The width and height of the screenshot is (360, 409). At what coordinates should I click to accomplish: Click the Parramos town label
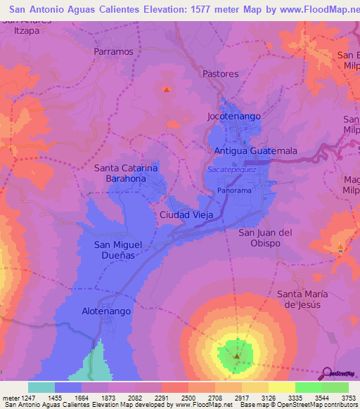coord(113,51)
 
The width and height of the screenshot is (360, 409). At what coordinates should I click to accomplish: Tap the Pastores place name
coord(221,74)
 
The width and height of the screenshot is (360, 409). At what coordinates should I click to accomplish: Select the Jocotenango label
coord(233,115)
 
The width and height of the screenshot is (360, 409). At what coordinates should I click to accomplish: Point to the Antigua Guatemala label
coord(255,151)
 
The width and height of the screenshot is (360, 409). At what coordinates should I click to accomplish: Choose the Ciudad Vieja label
coord(186,214)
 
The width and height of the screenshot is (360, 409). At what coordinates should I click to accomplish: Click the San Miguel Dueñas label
coord(118,251)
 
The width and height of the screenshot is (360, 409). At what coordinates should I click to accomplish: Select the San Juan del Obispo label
coord(265,238)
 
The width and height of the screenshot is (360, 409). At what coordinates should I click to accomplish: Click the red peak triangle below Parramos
coord(167,89)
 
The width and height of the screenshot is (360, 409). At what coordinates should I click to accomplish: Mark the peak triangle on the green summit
coord(236,356)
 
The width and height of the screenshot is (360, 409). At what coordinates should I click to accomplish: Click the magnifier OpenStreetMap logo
coord(327,372)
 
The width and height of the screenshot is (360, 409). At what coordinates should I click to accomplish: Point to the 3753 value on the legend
coord(349,397)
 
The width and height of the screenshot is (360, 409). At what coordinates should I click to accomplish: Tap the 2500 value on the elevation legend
coord(188,397)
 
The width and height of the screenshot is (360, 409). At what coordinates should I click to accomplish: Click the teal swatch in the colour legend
coord(41,387)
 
